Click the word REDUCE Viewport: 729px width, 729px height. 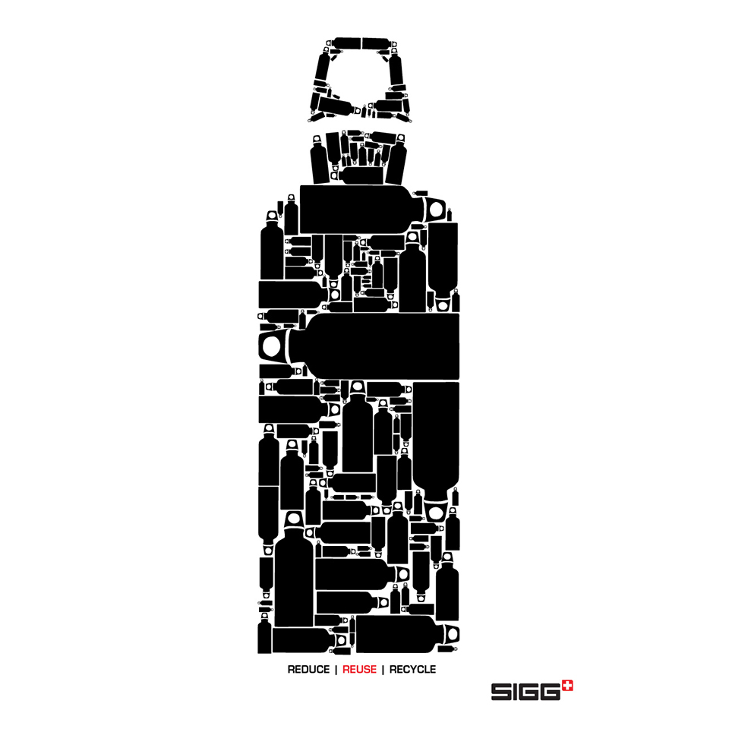click(x=308, y=670)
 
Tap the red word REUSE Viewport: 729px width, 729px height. click(x=359, y=670)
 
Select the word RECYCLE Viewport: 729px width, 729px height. click(x=413, y=670)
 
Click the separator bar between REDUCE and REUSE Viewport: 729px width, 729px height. click(x=336, y=670)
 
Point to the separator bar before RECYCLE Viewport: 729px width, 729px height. click(x=383, y=670)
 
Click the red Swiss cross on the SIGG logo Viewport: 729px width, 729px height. click(x=568, y=686)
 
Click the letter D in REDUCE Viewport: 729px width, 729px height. click(x=305, y=670)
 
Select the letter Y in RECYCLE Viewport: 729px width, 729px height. click(x=412, y=670)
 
